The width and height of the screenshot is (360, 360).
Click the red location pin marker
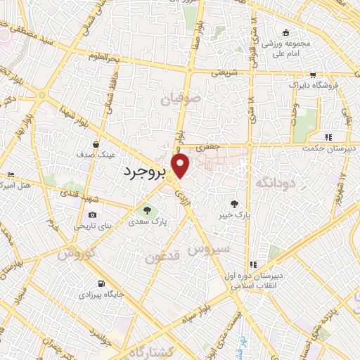click(x=181, y=167)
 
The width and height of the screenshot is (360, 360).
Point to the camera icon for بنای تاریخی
click(x=93, y=214)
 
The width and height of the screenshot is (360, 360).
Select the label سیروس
click(x=207, y=250)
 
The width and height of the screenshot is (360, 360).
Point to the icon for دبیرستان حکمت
click(x=328, y=136)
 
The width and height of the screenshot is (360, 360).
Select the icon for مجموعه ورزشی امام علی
click(x=285, y=33)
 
